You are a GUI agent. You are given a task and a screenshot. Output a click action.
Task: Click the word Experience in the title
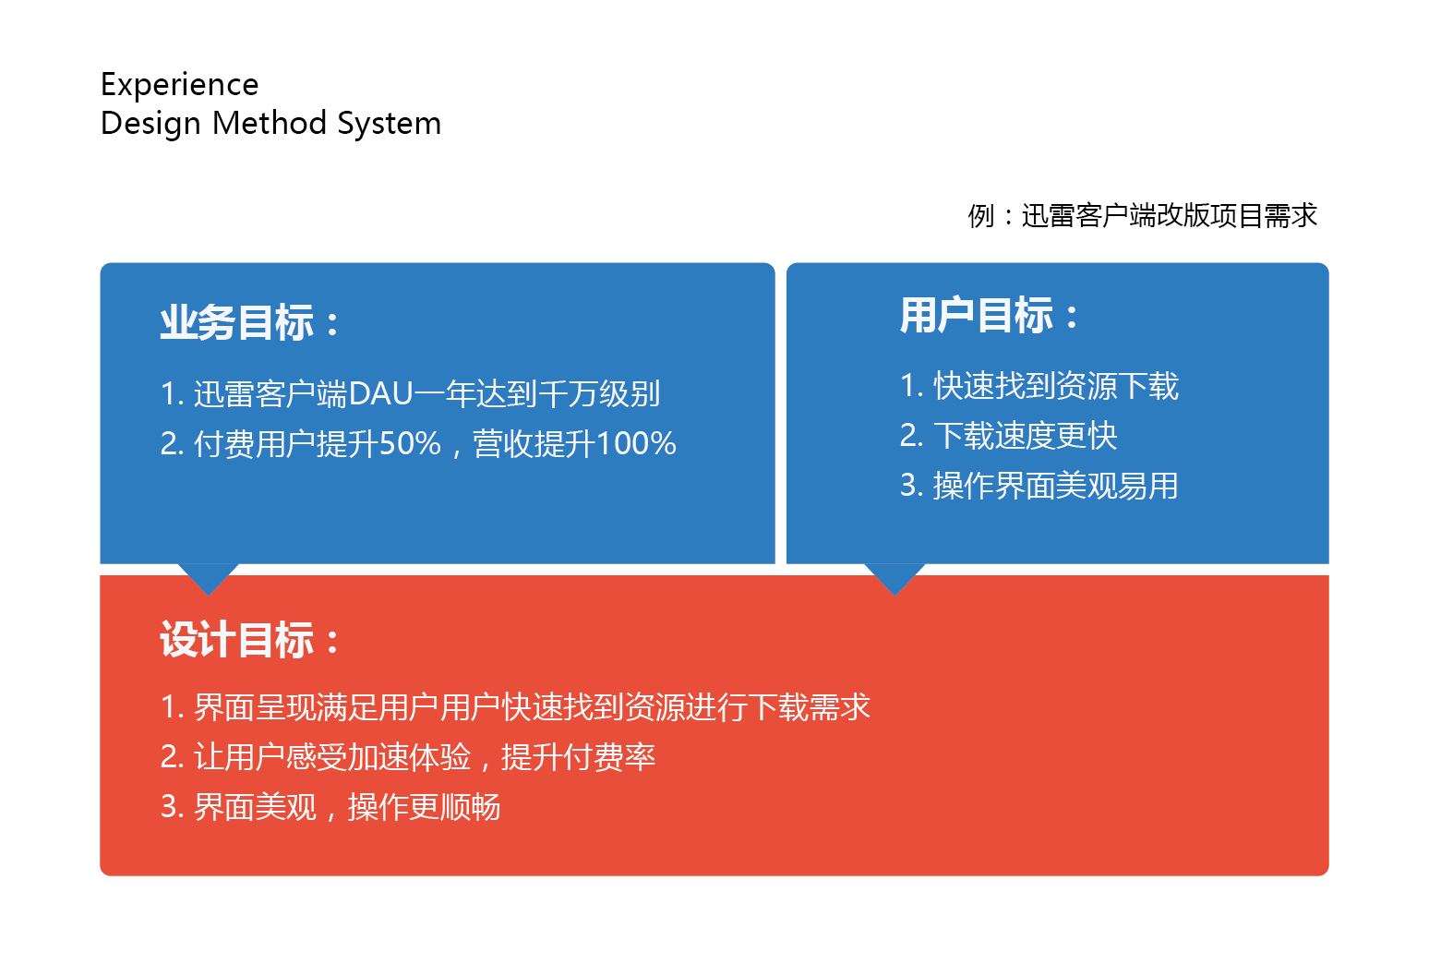[179, 86]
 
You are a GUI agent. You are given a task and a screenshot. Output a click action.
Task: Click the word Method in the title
[270, 123]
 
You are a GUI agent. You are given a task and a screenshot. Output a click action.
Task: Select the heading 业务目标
[236, 322]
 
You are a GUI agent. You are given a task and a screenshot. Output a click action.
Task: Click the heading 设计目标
[236, 639]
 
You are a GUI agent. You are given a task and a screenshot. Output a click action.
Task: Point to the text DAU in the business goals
[381, 393]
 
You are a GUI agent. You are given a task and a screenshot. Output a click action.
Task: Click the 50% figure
[410, 443]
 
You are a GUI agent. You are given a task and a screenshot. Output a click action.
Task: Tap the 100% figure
[635, 443]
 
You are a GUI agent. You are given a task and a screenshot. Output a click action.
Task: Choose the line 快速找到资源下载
[1056, 386]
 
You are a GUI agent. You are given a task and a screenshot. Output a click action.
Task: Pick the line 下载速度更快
[1026, 436]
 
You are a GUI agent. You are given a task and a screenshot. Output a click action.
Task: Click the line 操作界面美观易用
[1056, 486]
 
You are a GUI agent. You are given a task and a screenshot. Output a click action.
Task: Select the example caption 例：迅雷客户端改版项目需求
[1142, 216]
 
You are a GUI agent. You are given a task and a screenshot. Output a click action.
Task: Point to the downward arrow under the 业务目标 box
[209, 577]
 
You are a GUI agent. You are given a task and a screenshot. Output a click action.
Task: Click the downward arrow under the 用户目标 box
[895, 577]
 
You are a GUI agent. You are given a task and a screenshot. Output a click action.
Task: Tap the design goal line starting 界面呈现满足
[515, 707]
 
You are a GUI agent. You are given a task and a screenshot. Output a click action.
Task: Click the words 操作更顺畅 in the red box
[425, 807]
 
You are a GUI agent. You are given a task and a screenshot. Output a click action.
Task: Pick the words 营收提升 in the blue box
[534, 443]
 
